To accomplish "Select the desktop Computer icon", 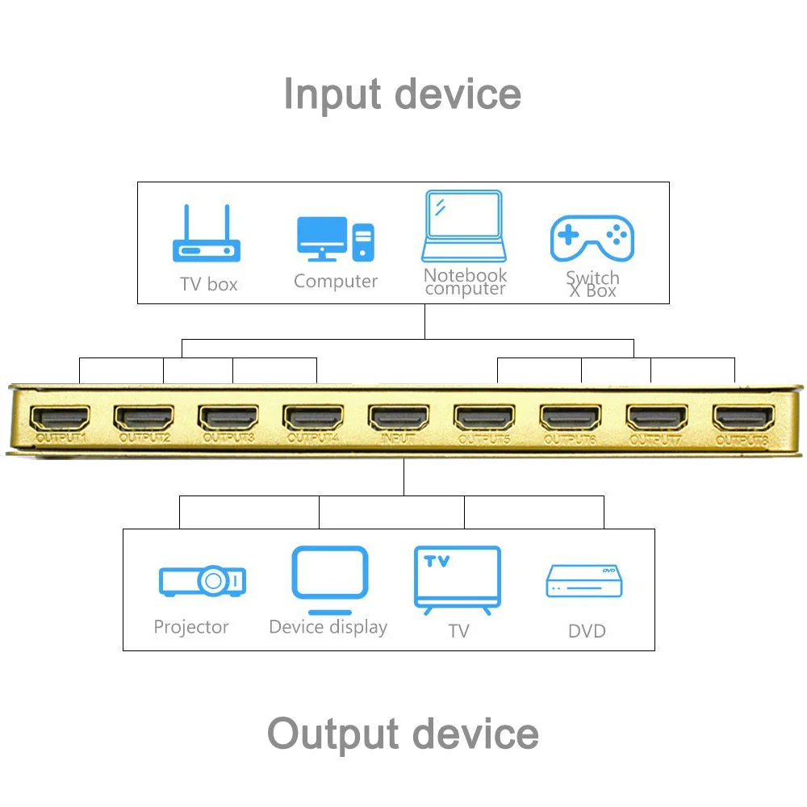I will click(x=336, y=239).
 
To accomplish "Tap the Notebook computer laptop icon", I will click(x=464, y=227).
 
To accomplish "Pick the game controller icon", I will click(x=592, y=238).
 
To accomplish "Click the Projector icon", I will click(x=202, y=580).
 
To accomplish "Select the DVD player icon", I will click(x=585, y=580).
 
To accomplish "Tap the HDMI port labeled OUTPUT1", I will click(x=60, y=417).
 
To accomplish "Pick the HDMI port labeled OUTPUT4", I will click(x=313, y=417).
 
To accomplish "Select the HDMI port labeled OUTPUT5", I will click(x=483, y=417).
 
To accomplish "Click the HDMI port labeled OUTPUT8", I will click(x=742, y=417).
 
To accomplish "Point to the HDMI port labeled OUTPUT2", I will click(x=144, y=417).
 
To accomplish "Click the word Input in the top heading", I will click(x=333, y=94).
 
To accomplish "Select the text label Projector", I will click(x=191, y=627).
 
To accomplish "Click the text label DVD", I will click(x=587, y=630).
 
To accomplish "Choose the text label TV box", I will click(x=209, y=284).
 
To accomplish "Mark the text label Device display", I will click(x=328, y=627).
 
